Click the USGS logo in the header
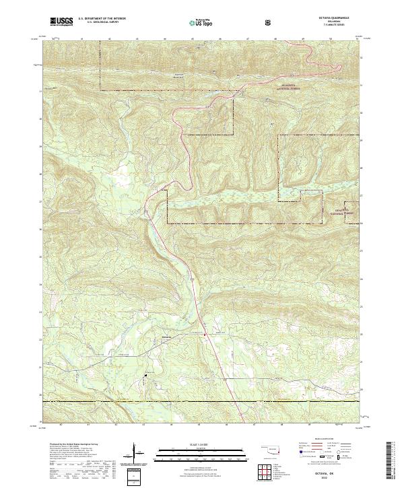(x=62, y=22)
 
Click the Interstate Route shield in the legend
(x=301, y=452)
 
